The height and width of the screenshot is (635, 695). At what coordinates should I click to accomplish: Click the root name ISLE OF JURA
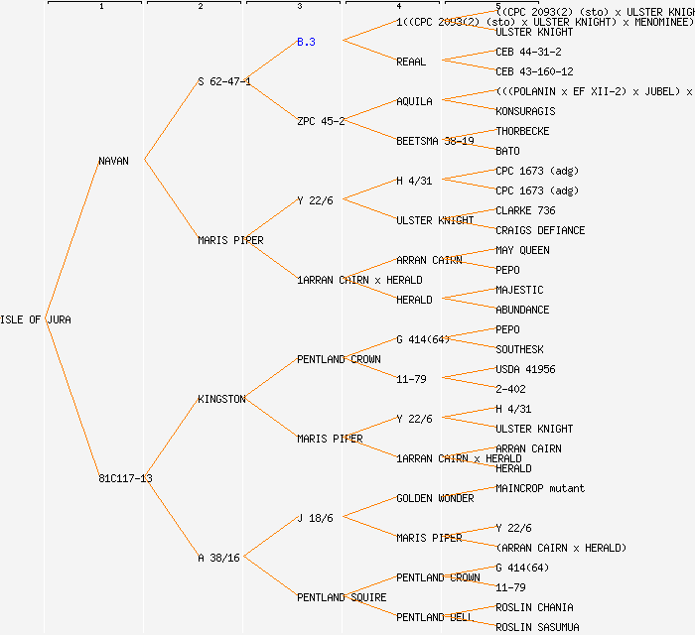(x=36, y=319)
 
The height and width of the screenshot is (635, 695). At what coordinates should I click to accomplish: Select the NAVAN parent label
(x=113, y=161)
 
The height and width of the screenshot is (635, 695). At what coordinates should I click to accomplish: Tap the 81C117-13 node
(x=125, y=478)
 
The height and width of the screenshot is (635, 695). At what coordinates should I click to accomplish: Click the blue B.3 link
(x=306, y=42)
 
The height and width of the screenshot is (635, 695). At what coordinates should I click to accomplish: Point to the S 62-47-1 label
(x=224, y=81)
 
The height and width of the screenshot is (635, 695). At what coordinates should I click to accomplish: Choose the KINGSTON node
(x=221, y=399)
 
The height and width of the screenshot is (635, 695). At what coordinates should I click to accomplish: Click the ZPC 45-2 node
(x=321, y=121)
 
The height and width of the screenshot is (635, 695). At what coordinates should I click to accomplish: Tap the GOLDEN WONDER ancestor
(x=434, y=498)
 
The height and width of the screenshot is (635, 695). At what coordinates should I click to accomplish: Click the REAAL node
(x=411, y=62)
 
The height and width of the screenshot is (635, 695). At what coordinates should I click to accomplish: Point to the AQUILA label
(x=414, y=101)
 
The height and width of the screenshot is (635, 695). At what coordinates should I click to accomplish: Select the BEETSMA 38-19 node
(x=435, y=141)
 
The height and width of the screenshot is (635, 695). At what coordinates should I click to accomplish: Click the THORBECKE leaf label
(x=522, y=131)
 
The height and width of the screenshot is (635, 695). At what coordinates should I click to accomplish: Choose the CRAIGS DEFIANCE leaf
(x=540, y=230)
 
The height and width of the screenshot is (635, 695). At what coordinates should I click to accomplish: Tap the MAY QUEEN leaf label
(x=522, y=250)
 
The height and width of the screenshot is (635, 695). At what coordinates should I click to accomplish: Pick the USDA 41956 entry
(x=525, y=369)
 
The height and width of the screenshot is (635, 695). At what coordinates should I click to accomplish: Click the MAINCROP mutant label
(x=540, y=488)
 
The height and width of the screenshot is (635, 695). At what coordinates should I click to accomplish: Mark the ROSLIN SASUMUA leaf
(x=537, y=627)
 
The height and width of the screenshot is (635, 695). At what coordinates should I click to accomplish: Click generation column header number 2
(x=201, y=7)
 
